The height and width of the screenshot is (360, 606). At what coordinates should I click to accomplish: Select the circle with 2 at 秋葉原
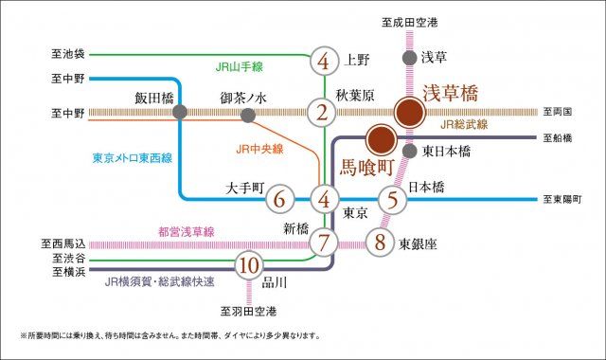pyautogui.click(x=324, y=113)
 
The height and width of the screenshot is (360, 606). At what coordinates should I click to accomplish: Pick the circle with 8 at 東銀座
pyautogui.click(x=380, y=242)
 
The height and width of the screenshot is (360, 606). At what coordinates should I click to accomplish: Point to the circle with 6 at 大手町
pyautogui.click(x=278, y=200)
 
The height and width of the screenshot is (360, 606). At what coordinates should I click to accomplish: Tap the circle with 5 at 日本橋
pyautogui.click(x=392, y=200)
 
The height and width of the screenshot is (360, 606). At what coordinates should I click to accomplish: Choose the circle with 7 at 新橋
pyautogui.click(x=324, y=242)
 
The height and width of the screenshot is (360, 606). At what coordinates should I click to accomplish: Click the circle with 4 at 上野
pyautogui.click(x=324, y=63)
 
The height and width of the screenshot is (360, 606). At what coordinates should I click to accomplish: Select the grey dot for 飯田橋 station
pyautogui.click(x=180, y=113)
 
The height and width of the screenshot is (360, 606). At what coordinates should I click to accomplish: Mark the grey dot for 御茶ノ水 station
pyautogui.click(x=248, y=116)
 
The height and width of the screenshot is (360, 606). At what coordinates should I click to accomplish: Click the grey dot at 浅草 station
pyautogui.click(x=408, y=59)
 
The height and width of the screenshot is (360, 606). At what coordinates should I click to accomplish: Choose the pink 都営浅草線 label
pyautogui.click(x=187, y=231)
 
